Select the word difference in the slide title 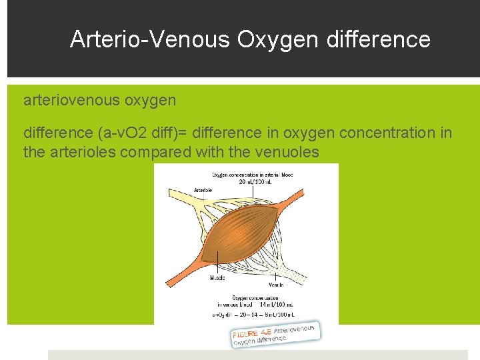coord(379,39)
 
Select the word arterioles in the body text coord(84,152)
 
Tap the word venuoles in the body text coord(287,152)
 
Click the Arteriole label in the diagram coord(203,190)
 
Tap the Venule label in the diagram coord(276,285)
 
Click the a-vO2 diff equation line coord(253,314)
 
